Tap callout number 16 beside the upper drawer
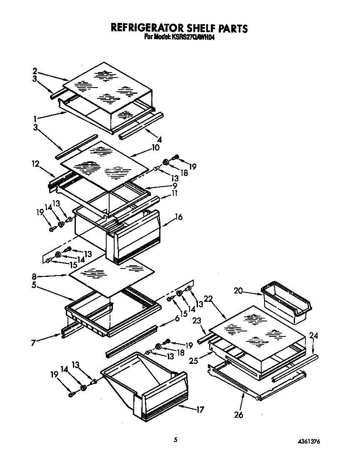[x=179, y=217]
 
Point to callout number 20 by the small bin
[x=238, y=291]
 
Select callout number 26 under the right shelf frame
[x=239, y=415]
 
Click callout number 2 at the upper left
[x=35, y=70]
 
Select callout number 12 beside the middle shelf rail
[x=35, y=165]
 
